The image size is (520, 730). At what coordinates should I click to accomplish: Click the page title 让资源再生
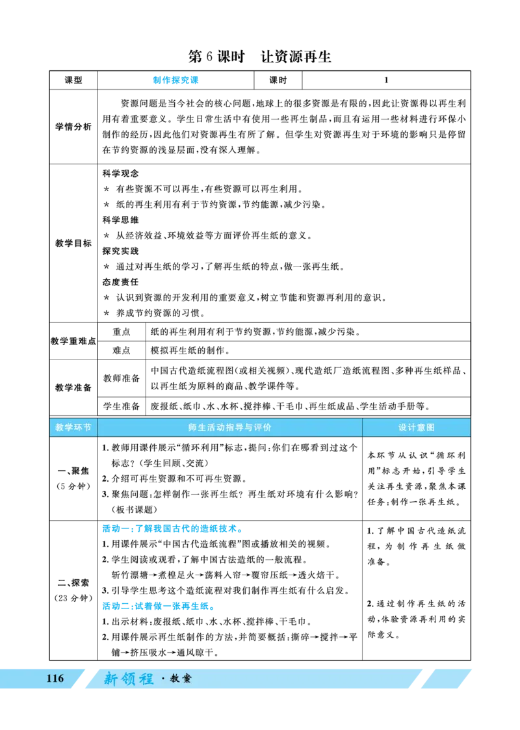coord(296,57)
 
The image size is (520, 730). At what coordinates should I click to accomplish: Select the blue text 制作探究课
coord(176,80)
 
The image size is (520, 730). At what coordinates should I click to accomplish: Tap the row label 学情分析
coord(73,127)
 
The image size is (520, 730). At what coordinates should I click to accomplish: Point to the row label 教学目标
coord(73,243)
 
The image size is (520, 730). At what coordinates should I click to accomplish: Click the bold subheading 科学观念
coord(120,173)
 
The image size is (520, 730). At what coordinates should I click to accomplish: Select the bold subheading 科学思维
coord(120,220)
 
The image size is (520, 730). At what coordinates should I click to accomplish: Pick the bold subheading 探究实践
coord(120,251)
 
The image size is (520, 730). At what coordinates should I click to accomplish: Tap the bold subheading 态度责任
coord(120,282)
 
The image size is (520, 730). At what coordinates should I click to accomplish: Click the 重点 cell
coord(122,332)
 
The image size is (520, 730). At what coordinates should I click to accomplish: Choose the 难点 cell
coord(122,350)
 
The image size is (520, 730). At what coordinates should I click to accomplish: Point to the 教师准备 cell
coord(122,378)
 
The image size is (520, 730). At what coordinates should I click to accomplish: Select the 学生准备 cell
coord(122,406)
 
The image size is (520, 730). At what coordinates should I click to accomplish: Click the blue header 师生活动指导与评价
coord(230,427)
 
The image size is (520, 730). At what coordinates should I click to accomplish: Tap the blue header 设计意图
coord(416,427)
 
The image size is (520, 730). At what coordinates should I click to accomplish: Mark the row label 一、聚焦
coord(73,471)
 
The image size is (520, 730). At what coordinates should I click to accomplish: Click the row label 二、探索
coord(73,582)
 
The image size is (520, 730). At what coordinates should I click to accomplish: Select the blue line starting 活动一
coord(172,528)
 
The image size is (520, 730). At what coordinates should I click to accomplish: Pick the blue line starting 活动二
coord(159,606)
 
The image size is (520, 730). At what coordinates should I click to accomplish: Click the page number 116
coord(55,679)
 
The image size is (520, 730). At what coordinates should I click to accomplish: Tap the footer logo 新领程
coord(129,679)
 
